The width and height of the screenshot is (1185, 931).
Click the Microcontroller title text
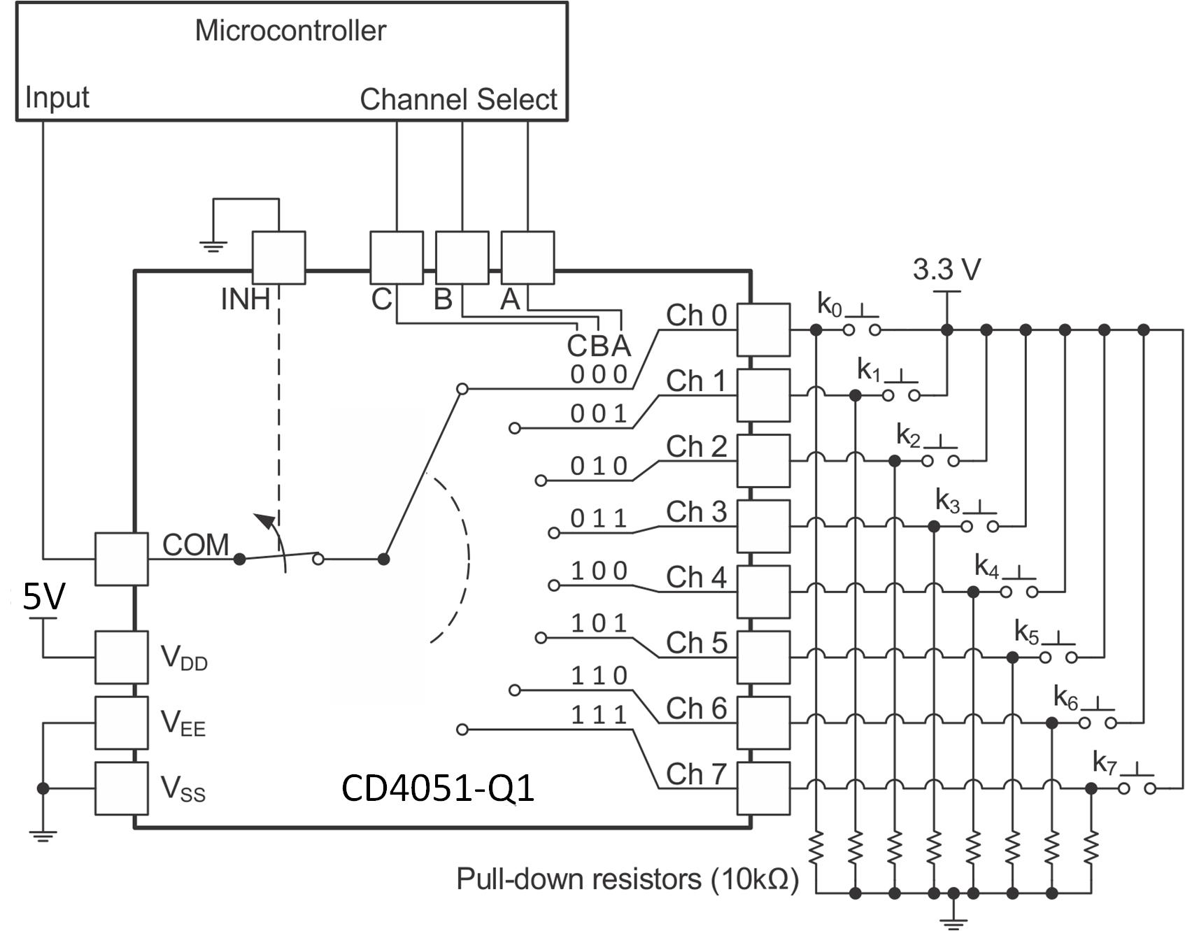pos(290,31)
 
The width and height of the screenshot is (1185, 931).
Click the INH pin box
pos(278,258)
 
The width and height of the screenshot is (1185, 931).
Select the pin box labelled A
pos(527,258)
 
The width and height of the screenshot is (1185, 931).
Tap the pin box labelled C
pos(396,258)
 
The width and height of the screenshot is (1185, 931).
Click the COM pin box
pos(121,559)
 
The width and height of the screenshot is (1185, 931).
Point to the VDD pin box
pos(121,657)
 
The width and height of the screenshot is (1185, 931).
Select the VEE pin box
pos(121,723)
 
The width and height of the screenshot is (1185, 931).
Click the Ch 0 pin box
pos(763,329)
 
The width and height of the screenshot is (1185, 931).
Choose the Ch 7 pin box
pos(763,788)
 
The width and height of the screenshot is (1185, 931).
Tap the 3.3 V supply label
pos(946,269)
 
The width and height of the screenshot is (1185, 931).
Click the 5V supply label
pos(43,597)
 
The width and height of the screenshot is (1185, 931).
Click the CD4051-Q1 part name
pos(438,788)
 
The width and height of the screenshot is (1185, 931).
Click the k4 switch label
pos(986,567)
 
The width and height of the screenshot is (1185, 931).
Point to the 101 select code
pos(599,623)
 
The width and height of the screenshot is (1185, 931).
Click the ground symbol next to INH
pos(213,246)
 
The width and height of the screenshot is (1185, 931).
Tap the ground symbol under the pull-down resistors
pos(953,921)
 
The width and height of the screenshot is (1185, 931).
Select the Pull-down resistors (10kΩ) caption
pos(627,879)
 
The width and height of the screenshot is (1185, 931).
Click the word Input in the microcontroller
pos(57,97)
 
